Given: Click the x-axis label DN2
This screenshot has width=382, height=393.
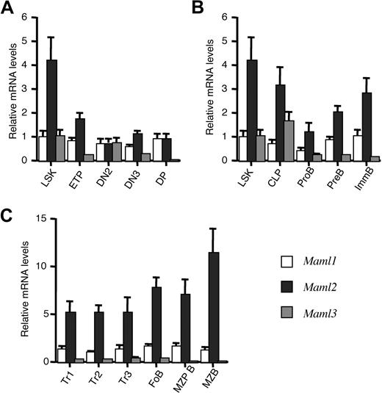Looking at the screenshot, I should [103, 176].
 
